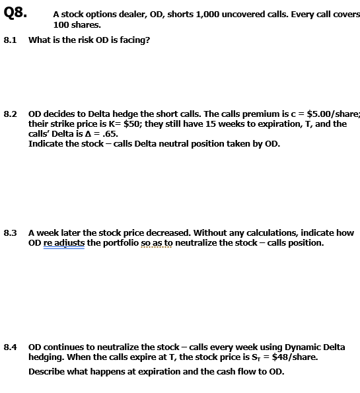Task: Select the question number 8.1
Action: click(x=10, y=40)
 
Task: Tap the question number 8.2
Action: click(x=10, y=114)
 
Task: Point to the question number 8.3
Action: click(x=10, y=232)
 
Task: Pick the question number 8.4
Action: click(x=10, y=347)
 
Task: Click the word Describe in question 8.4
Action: click(x=48, y=371)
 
